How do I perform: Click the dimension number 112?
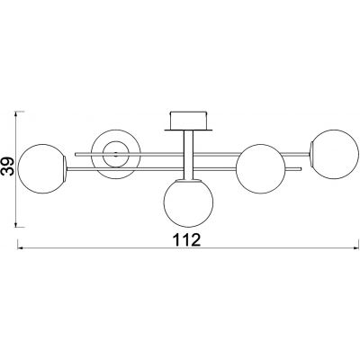coord(186,239)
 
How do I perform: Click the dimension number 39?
coord(8,166)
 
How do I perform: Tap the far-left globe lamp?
coord(42,168)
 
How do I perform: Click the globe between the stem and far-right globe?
coord(261,168)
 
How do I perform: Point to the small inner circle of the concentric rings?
coord(116,154)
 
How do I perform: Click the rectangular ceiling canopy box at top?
coord(188,121)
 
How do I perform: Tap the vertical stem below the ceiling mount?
coord(188,156)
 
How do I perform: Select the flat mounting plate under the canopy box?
coord(188,130)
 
